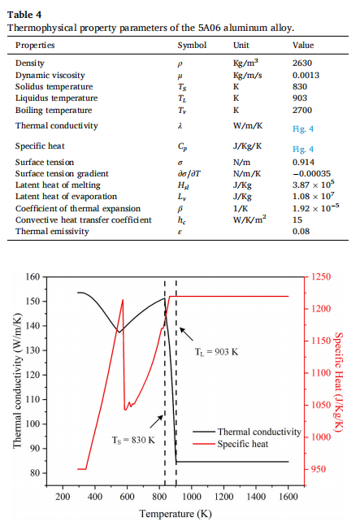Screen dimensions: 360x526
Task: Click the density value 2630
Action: coord(302,63)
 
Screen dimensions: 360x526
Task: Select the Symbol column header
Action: coord(192,46)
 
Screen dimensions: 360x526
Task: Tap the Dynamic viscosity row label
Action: coord(50,76)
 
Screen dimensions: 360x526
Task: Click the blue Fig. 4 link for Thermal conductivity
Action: coord(303,128)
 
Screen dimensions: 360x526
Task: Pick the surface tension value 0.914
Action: coord(303,163)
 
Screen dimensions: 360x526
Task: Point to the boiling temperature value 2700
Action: coord(302,111)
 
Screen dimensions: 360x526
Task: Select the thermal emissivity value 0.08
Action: coord(301,232)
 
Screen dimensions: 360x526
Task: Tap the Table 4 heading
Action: coord(24,15)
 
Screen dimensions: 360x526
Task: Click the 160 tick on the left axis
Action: coord(33,277)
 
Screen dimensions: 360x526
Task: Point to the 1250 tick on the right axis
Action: coord(321,276)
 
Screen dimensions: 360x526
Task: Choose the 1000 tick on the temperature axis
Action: coord(192,497)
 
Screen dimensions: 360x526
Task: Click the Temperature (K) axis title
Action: coord(176,514)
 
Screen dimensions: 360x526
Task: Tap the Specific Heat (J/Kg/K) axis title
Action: coord(339,382)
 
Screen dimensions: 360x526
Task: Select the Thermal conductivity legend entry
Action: coord(247,432)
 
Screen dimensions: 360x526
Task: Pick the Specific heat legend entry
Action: coord(230,444)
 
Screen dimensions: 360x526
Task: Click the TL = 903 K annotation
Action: coord(216,352)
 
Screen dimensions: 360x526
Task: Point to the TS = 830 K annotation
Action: coord(133,440)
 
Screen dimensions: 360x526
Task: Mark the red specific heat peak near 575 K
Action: coord(123,299)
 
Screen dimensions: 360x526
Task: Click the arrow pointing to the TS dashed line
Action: coord(156,422)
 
